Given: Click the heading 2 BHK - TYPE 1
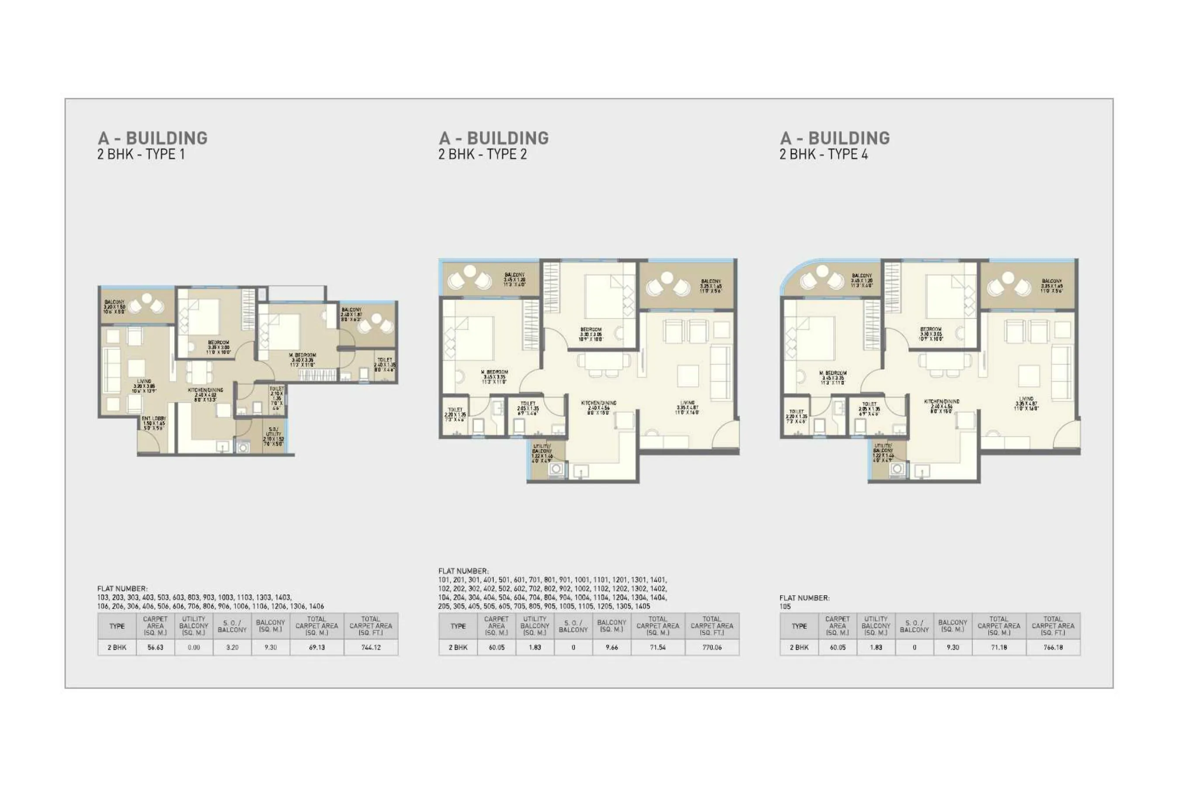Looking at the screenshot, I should pos(141,155).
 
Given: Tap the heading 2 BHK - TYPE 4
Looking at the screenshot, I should pos(823,155).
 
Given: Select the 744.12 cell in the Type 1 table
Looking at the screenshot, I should pos(371,647).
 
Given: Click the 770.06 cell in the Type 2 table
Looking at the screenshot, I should pos(712,647).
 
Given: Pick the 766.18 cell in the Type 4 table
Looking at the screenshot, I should pos(1053,647).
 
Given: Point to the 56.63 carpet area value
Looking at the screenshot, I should pos(155,647).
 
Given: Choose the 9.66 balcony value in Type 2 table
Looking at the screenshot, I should pos(612,647).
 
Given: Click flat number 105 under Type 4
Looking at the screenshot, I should pos(785,607).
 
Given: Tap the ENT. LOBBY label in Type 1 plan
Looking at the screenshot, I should pos(153,419).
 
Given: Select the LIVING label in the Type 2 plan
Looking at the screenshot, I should pos(687,403).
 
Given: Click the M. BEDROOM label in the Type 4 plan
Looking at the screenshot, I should pos(833,373).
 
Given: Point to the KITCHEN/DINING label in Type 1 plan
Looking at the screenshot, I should pos(206,390).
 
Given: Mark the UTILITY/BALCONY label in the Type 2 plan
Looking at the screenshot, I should pos(542,448).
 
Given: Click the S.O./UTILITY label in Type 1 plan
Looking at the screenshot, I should pos(273,432).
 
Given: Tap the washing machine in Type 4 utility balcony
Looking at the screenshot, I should pos(897,469).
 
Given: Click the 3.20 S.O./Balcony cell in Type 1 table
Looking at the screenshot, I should pos(232,647).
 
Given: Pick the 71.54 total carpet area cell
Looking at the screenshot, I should pos(658,647).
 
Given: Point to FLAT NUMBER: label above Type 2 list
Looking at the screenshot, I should pos(463,571).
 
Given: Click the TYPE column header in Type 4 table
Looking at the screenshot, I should pos(799,626).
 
